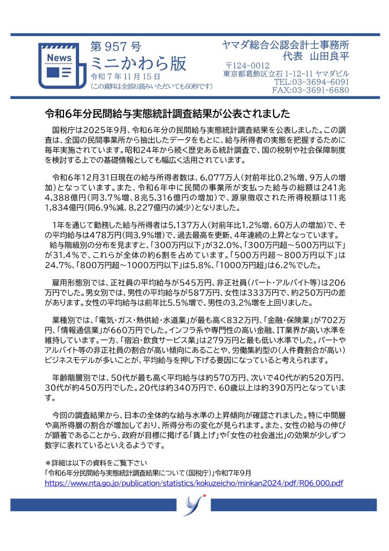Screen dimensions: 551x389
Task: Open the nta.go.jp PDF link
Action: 194,483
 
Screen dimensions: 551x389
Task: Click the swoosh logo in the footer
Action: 194,505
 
